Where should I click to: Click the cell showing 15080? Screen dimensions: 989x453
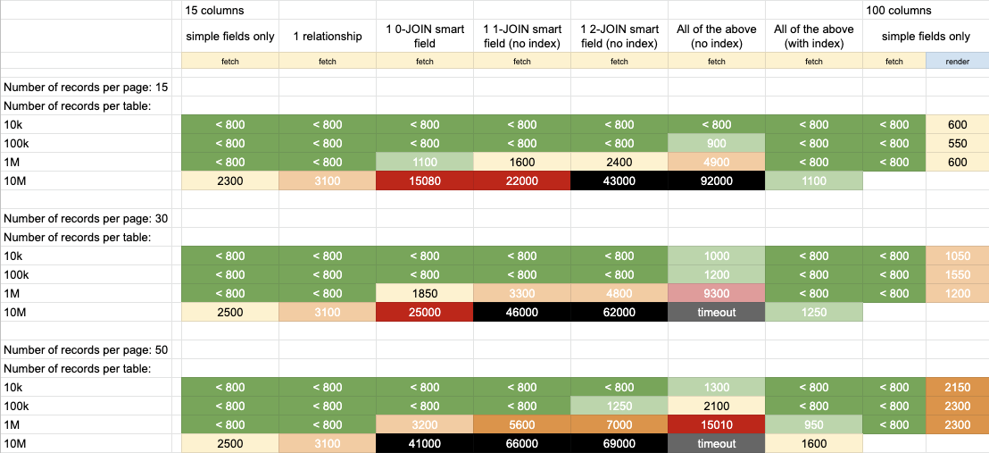[x=425, y=180]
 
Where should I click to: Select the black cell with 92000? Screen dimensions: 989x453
[x=717, y=180]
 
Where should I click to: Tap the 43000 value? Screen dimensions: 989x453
[x=619, y=180]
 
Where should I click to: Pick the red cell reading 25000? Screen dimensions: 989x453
[x=425, y=312]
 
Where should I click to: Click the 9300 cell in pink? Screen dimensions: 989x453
[x=717, y=293]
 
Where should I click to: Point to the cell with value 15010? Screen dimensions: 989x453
[x=717, y=424]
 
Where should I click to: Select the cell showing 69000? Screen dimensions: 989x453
[x=619, y=443]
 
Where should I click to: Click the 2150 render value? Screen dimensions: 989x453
[x=958, y=387]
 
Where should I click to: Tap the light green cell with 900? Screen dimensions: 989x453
[x=717, y=143]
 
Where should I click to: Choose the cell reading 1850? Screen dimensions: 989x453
[x=425, y=293]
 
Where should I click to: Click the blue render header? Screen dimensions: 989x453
[x=958, y=62]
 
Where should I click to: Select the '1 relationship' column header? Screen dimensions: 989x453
[x=328, y=36]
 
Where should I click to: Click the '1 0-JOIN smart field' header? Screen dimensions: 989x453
[x=425, y=36]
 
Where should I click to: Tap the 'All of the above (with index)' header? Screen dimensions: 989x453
[x=814, y=36]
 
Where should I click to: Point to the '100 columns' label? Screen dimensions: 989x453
[x=899, y=10]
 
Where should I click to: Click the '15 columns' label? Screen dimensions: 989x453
[x=214, y=10]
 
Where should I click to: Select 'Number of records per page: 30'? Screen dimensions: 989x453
[x=85, y=218]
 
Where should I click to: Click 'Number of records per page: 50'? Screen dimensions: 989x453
[x=85, y=349]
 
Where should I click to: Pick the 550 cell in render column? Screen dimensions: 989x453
[x=958, y=143]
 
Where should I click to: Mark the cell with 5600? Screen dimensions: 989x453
[x=521, y=424]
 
